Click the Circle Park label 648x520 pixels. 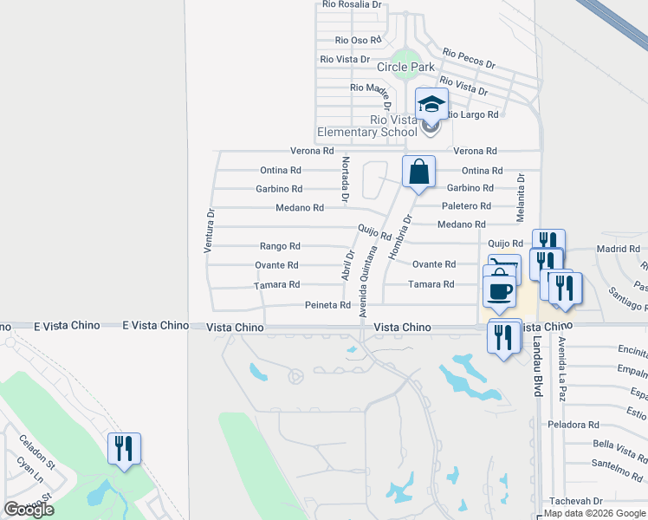(x=405, y=67)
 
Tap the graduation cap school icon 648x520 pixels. (x=431, y=106)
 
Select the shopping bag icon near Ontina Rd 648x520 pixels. (x=418, y=172)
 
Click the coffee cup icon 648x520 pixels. (x=499, y=291)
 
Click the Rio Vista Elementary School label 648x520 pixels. (x=367, y=126)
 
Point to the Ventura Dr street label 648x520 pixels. (x=209, y=230)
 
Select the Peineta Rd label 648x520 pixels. (x=327, y=305)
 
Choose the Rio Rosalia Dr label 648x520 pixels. (x=351, y=4)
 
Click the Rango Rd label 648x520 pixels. (x=280, y=246)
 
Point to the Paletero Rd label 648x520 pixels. (x=466, y=206)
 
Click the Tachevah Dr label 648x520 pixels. (x=575, y=501)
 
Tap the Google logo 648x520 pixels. (x=29, y=510)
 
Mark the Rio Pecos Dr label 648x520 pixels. (x=469, y=58)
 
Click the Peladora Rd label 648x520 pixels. (x=573, y=425)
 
